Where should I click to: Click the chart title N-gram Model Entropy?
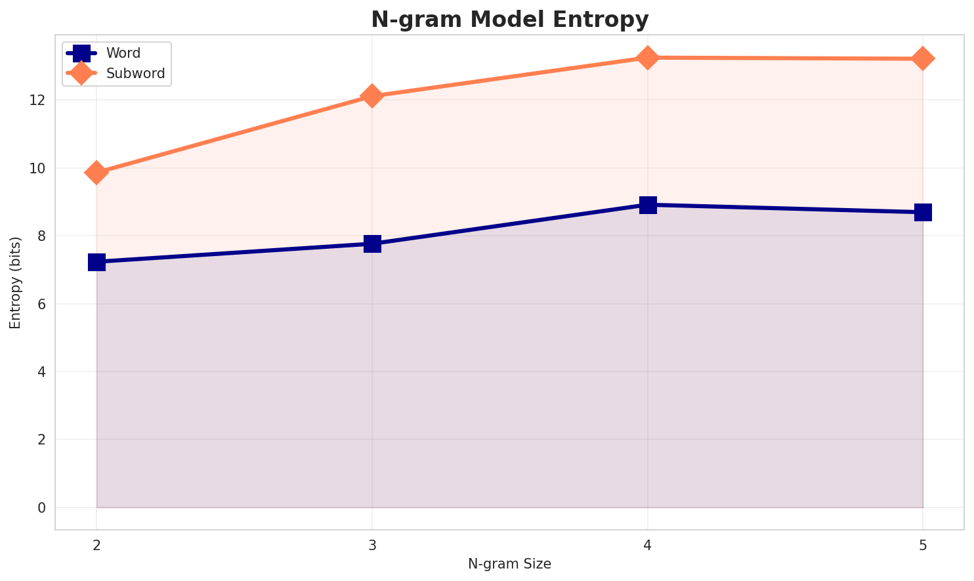coord(509,20)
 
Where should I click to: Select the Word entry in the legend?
coord(123,53)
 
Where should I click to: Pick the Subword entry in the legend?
coord(135,74)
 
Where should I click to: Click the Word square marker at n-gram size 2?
coord(96,262)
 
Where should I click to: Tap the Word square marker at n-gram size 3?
coord(372,244)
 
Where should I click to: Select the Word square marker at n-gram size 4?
coord(648,205)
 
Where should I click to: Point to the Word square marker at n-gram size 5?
coord(923,212)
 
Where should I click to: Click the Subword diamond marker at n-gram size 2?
coord(96,173)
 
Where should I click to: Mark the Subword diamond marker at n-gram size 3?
coord(372,96)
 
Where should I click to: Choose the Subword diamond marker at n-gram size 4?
coord(648,58)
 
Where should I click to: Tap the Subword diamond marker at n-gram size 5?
coord(923,58)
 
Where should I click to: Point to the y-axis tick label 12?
coord(36,100)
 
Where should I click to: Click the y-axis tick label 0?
coord(41,508)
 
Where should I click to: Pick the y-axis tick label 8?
coord(41,236)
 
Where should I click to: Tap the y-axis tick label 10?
coord(36,169)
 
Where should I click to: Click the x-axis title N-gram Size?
coord(509,564)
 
